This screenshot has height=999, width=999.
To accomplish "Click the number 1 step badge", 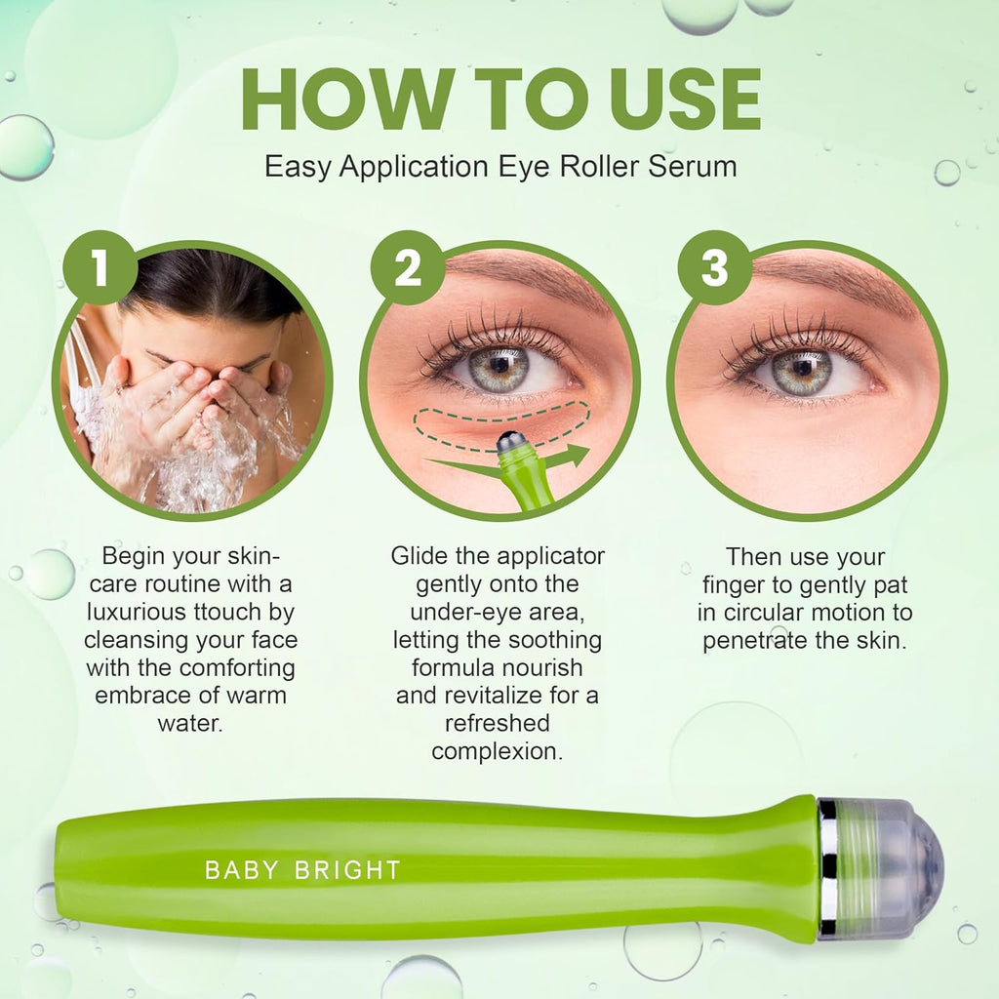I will [100, 268].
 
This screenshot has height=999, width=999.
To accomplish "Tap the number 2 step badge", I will [408, 268].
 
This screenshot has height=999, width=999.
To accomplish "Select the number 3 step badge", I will [714, 268].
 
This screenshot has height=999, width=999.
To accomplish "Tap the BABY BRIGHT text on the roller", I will [302, 870].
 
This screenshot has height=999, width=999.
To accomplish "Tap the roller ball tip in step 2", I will [510, 442].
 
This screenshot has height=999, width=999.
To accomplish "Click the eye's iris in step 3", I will [799, 371].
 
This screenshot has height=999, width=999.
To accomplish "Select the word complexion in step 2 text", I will [498, 751].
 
